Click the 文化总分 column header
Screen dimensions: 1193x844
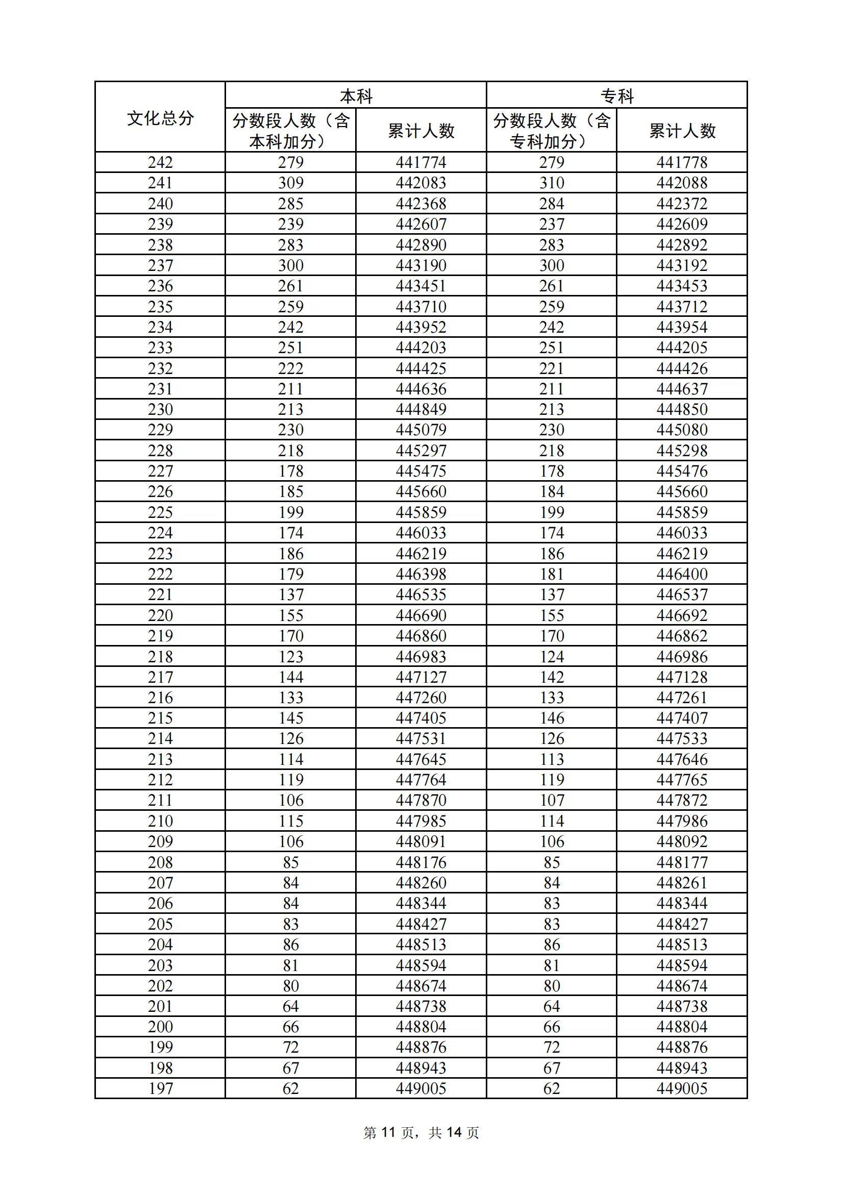pyautogui.click(x=160, y=118)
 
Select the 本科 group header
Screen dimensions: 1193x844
pyautogui.click(x=356, y=96)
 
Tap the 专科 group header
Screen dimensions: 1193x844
pyautogui.click(x=617, y=96)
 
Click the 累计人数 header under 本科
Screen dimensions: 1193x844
pyautogui.click(x=421, y=131)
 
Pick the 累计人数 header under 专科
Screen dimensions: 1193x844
pyautogui.click(x=682, y=131)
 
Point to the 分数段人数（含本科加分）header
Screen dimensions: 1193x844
pyautogui.click(x=290, y=131)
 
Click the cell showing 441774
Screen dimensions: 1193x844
pyautogui.click(x=421, y=163)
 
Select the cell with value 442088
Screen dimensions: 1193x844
pyautogui.click(x=682, y=183)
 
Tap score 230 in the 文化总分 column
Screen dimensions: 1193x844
pyautogui.click(x=160, y=409)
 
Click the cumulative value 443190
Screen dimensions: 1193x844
pyautogui.click(x=421, y=265)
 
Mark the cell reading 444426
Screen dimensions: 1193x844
pyautogui.click(x=682, y=368)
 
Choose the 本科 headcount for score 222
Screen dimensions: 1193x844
pyautogui.click(x=290, y=574)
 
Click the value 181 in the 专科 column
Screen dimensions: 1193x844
pyautogui.click(x=552, y=574)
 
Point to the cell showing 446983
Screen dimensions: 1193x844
pyautogui.click(x=421, y=657)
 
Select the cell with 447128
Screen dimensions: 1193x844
pyautogui.click(x=682, y=677)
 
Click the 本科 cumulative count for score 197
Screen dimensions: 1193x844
pyautogui.click(x=421, y=1088)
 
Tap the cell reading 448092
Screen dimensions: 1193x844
pyautogui.click(x=682, y=842)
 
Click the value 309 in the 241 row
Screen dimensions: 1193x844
pyautogui.click(x=290, y=183)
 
